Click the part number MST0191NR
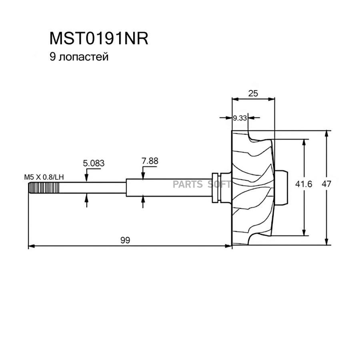click(x=98, y=39)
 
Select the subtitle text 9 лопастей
click(x=79, y=57)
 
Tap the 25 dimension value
click(x=253, y=93)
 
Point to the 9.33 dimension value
click(x=240, y=118)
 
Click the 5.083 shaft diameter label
click(x=93, y=163)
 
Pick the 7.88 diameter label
click(x=150, y=161)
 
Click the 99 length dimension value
click(x=126, y=240)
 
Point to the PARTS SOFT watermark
click(x=202, y=184)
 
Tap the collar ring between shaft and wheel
click(x=216, y=187)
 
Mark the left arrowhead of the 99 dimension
click(x=31, y=246)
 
